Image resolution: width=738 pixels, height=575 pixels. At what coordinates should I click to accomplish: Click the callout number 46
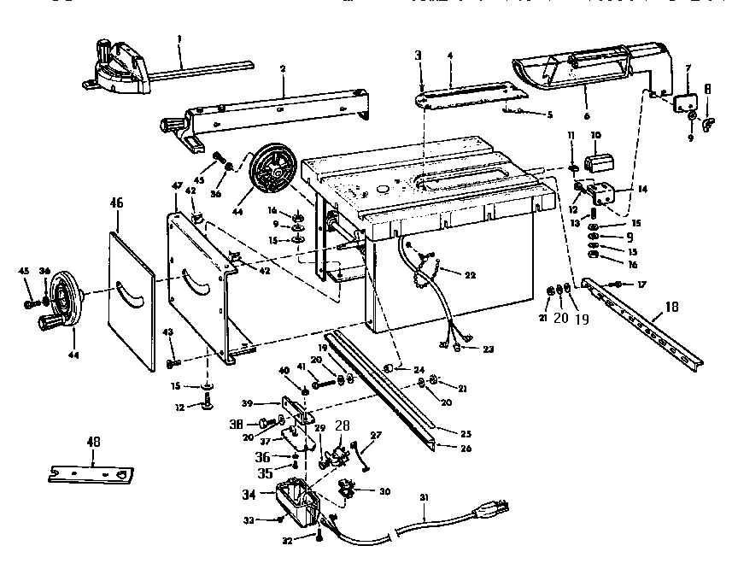118,203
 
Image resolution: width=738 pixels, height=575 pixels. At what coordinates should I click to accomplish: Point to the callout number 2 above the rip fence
283,67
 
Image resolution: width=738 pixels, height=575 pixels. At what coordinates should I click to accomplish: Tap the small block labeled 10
597,162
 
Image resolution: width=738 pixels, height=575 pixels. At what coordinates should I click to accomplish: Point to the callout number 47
177,185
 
